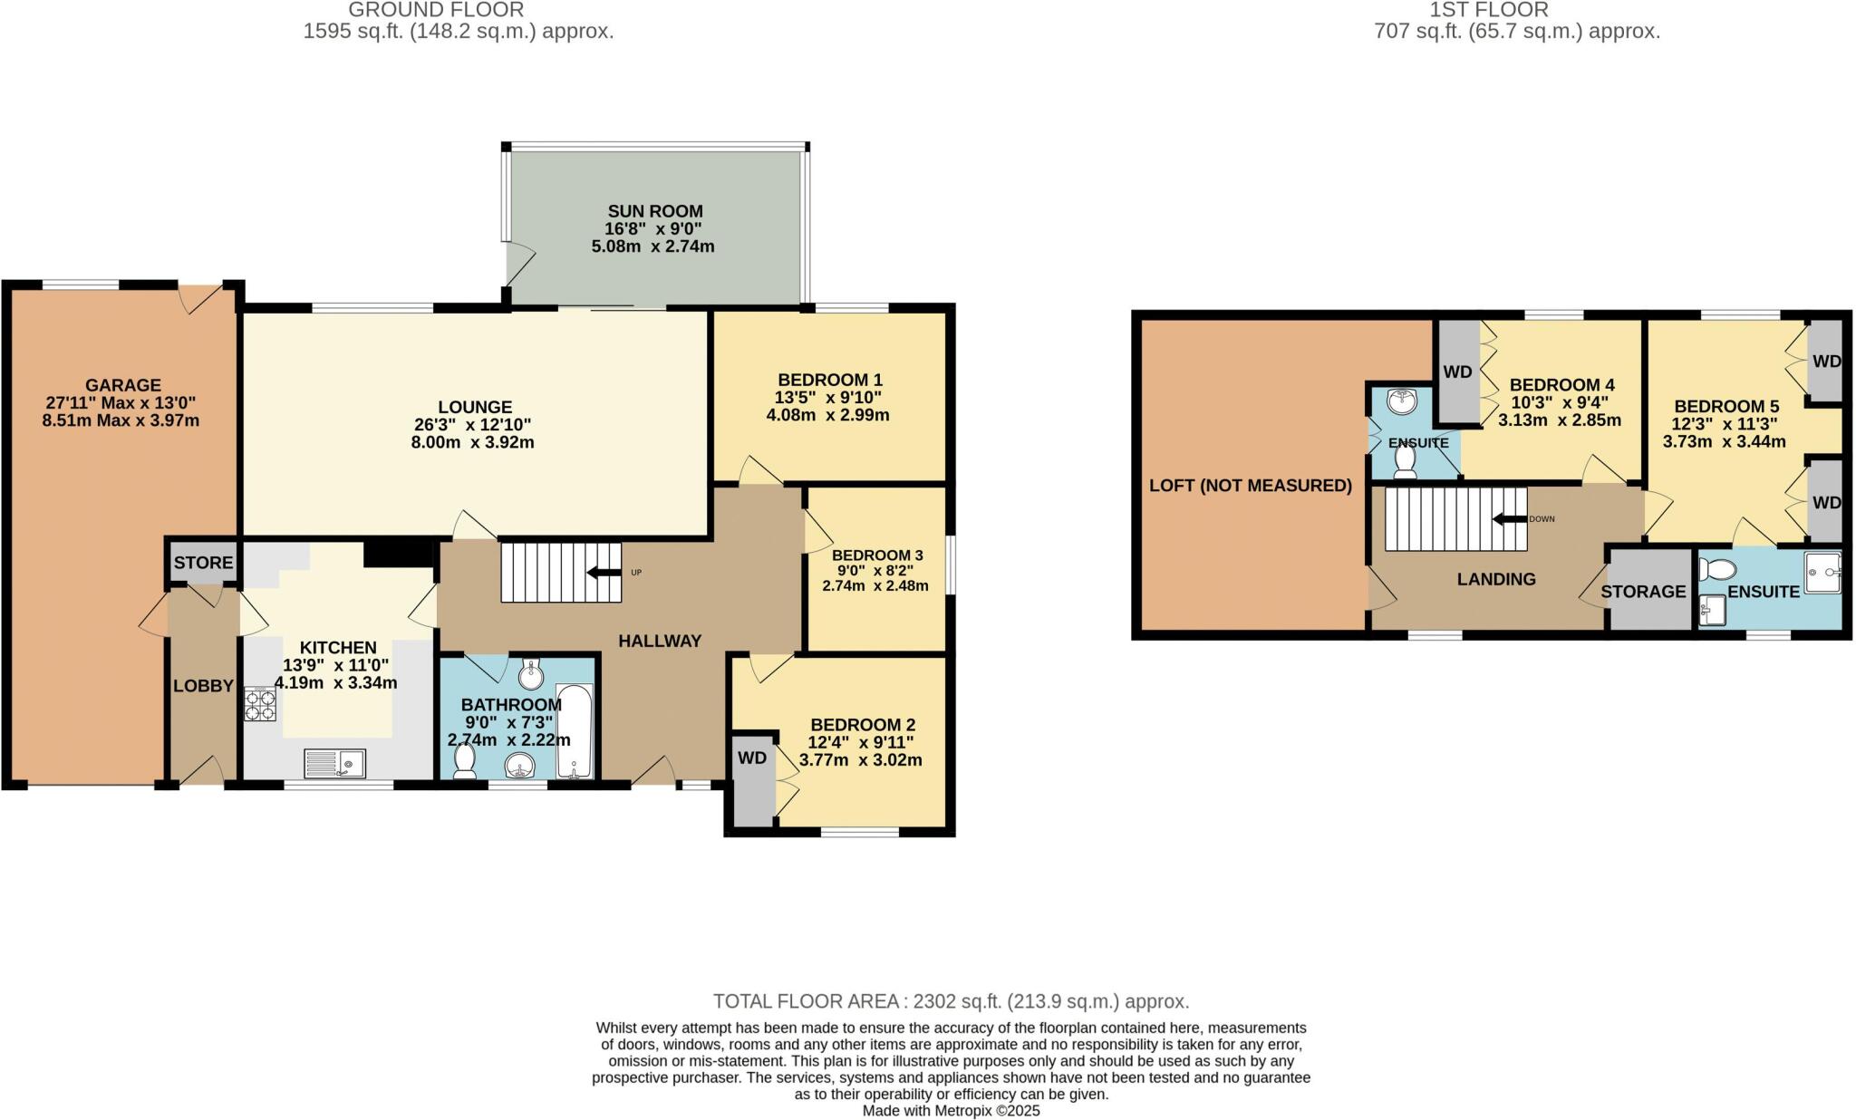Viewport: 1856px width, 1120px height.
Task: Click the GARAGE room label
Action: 123,385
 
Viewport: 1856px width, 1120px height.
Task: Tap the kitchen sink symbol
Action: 334,764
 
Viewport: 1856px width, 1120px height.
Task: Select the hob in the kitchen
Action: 260,705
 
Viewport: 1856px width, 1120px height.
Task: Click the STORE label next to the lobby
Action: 203,563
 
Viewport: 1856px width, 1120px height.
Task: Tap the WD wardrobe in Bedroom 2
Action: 752,758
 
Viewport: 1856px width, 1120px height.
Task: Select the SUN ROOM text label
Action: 655,211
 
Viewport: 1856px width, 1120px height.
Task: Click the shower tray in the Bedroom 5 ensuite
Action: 1822,573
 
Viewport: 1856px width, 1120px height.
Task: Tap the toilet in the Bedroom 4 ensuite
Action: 1405,461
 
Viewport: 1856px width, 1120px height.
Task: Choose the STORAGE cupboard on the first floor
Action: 1643,592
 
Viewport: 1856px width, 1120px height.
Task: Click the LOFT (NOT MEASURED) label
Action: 1251,486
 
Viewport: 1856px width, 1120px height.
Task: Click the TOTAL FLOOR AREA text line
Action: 951,1001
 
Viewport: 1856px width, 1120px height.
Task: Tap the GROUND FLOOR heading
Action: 436,10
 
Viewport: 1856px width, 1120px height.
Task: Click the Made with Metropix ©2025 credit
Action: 951,1110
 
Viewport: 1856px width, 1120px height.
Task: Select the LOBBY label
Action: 203,686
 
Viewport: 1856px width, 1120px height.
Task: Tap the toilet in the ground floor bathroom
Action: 465,761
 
